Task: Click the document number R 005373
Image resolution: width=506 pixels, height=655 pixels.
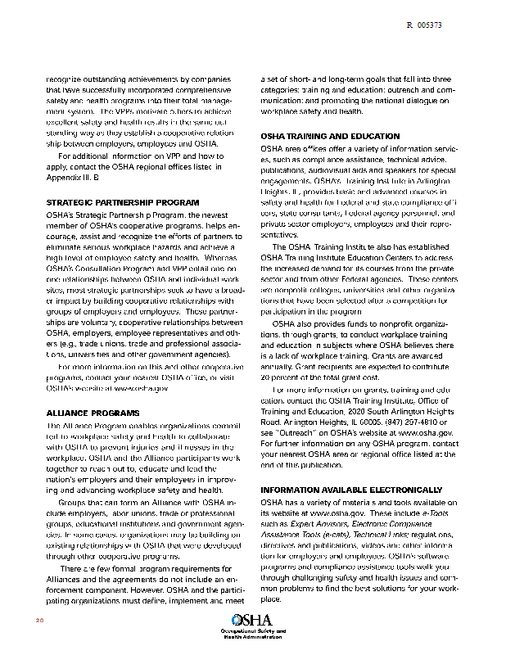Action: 424,26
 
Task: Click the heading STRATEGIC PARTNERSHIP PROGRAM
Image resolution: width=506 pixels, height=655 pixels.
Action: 122,201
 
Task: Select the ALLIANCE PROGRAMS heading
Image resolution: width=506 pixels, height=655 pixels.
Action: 88,412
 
